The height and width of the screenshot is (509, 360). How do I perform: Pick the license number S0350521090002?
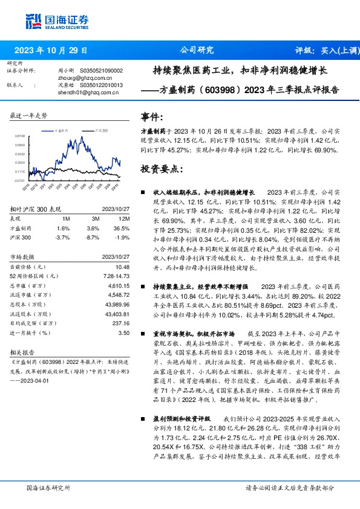tap(102, 71)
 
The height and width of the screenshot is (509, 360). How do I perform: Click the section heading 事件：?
tap(152, 116)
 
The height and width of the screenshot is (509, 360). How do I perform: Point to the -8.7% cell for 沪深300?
tap(92, 238)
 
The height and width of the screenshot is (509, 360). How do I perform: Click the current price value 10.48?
tap(123, 267)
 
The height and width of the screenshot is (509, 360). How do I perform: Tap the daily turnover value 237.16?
tap(121, 322)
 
